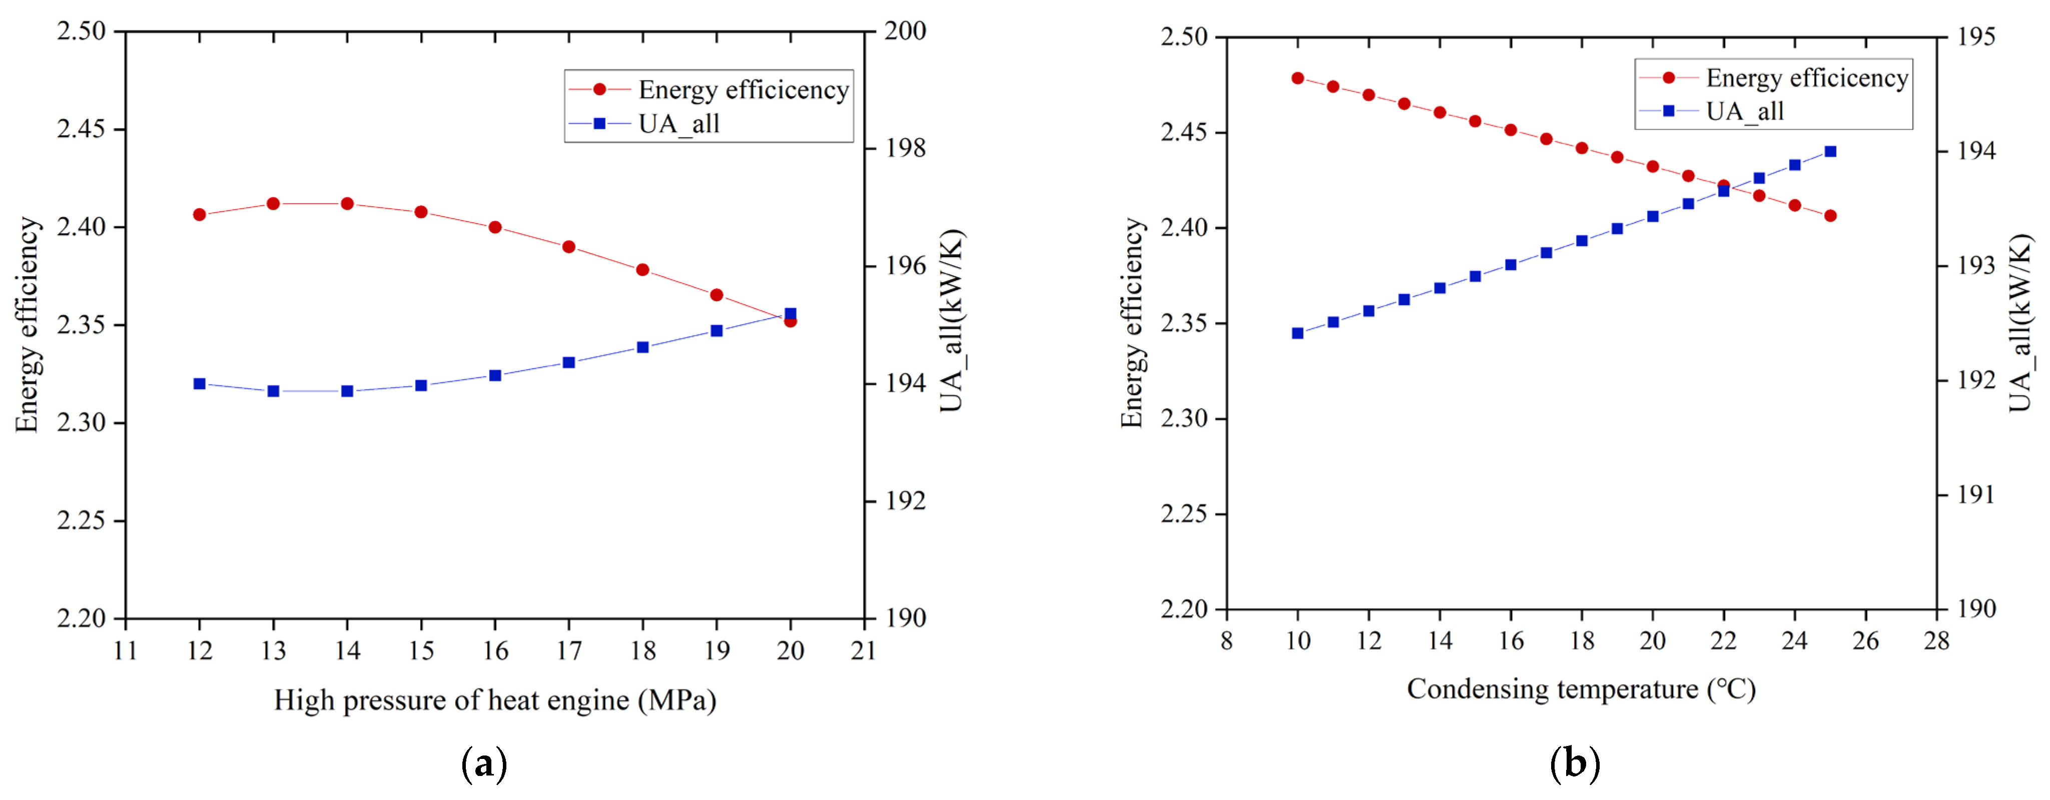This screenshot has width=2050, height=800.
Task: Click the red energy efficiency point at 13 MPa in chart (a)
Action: [273, 204]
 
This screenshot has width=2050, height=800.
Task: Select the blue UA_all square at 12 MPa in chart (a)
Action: [200, 384]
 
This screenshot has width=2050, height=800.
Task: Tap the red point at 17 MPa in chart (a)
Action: [569, 247]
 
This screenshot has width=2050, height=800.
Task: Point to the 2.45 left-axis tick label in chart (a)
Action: [81, 129]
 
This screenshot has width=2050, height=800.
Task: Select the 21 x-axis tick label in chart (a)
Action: [864, 651]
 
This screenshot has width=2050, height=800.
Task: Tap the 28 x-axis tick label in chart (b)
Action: [1936, 641]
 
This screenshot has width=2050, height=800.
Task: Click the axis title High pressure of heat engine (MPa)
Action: [495, 700]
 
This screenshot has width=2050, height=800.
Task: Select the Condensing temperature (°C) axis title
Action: [1581, 689]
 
